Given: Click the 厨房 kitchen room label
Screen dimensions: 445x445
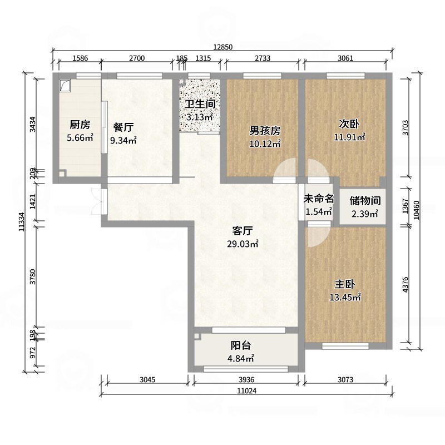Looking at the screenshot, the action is (80, 124).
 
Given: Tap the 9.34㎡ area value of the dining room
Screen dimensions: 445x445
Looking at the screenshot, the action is (123, 140).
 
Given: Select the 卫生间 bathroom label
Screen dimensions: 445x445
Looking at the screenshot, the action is (200, 104).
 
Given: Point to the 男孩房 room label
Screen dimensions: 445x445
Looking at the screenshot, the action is (265, 131).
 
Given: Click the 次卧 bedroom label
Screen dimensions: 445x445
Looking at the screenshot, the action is (349, 124).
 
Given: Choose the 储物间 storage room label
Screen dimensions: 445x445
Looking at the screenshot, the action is (365, 201).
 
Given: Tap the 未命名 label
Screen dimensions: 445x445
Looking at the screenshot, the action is (318, 199).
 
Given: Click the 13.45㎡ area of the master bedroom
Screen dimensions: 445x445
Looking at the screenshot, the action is (345, 297).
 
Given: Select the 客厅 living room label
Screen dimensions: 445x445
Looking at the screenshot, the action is (243, 231).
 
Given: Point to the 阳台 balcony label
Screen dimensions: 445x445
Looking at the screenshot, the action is (241, 345).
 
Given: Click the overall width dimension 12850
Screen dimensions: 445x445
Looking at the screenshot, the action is (223, 47).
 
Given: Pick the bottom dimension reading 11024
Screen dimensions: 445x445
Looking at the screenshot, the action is (247, 391).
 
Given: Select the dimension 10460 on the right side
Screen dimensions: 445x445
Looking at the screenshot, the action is (416, 210).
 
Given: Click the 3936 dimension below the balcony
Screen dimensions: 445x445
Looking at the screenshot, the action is (246, 379).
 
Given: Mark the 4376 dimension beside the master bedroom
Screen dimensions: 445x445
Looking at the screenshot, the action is (406, 284).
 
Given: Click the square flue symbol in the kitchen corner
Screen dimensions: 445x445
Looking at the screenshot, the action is (65, 86).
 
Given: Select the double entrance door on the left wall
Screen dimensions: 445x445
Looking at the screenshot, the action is (98, 202).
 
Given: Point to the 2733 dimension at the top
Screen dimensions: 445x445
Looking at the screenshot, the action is (262, 58).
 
